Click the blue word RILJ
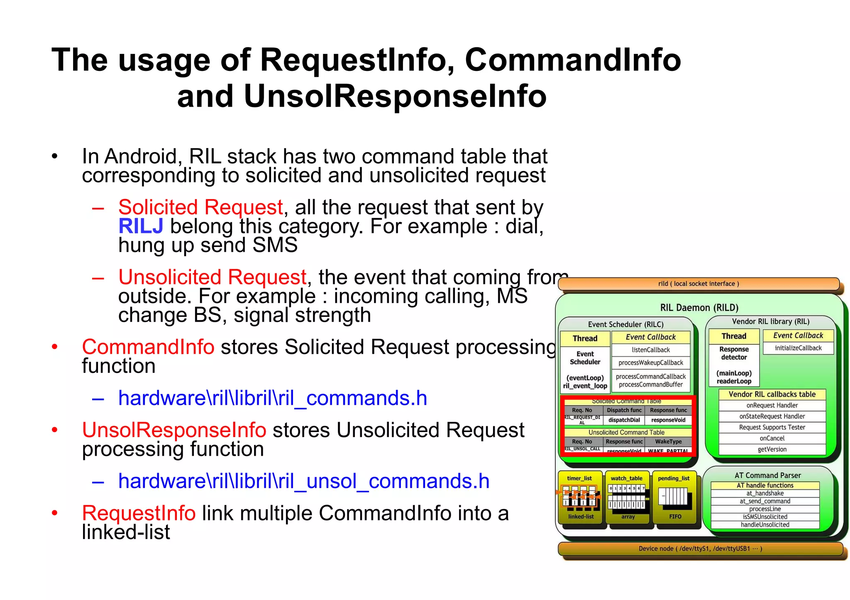coord(141,226)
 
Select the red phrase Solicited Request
coord(200,207)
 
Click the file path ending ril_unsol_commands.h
coord(304,481)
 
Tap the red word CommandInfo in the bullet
coord(148,347)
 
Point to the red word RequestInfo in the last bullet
coord(139,513)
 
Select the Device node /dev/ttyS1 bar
coord(700,549)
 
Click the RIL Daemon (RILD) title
coord(699,308)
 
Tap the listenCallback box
coord(650,350)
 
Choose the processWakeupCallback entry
coord(650,363)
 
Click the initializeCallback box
coord(798,348)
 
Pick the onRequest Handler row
coord(772,406)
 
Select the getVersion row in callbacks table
coord(772,449)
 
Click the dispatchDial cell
coord(624,420)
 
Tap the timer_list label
coord(579,478)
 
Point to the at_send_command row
coord(765,501)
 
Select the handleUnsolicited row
coord(765,525)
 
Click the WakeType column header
coord(668,442)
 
